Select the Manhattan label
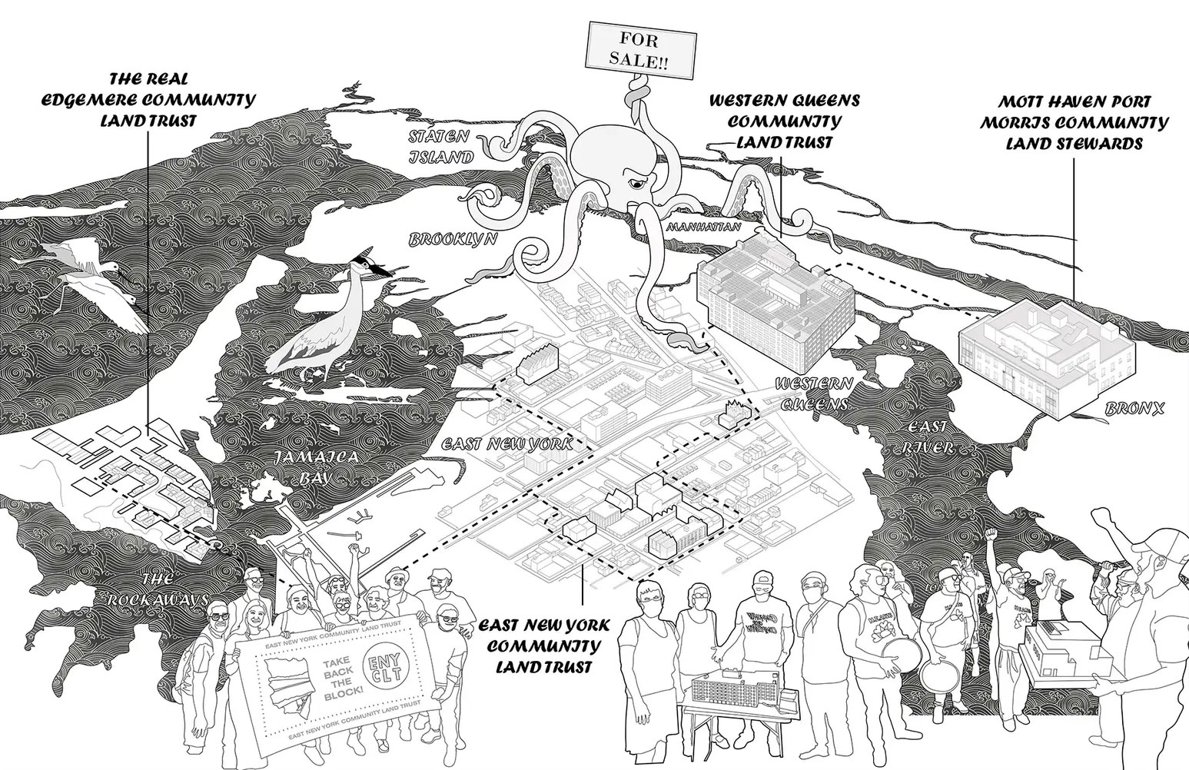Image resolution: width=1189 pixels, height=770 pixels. click(703, 228)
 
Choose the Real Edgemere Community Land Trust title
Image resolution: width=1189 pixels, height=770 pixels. click(150, 101)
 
